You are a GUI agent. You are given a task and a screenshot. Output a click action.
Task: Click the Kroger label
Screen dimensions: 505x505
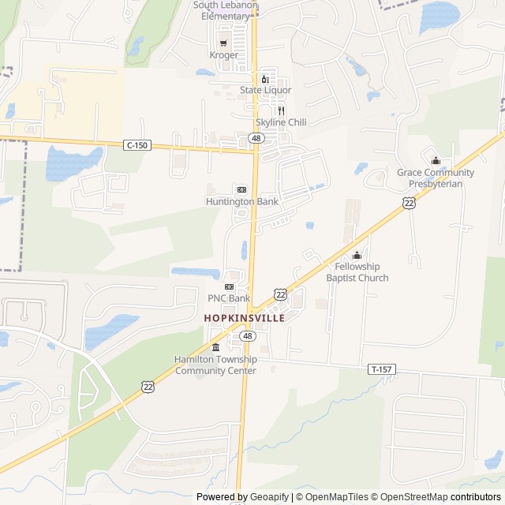point(223,55)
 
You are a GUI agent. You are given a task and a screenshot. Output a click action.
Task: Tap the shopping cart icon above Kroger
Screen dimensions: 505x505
point(223,43)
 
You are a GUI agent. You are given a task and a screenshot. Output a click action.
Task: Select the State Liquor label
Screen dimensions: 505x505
point(266,90)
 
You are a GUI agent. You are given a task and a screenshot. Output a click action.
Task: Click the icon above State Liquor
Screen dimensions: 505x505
point(266,78)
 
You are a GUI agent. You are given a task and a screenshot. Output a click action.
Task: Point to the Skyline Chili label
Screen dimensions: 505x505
point(280,122)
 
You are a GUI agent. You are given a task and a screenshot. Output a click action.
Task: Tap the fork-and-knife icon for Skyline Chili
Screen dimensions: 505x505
point(280,110)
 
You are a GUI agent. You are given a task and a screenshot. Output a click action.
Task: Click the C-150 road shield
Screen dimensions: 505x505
point(137,145)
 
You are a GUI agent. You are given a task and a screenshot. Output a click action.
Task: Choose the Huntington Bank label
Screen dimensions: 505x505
point(241,201)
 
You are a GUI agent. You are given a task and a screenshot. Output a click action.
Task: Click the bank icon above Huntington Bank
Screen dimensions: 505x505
point(241,189)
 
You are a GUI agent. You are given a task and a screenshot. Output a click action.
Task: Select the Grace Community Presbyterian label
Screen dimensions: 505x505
point(436,178)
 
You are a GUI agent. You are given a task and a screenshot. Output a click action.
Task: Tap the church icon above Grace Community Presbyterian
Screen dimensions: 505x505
point(436,161)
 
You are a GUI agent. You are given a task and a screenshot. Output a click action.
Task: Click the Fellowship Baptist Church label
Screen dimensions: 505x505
point(357,272)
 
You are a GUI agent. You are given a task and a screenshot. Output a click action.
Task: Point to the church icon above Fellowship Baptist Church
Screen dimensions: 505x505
point(357,255)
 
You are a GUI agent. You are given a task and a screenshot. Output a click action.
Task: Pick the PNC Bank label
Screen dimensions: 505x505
point(229,298)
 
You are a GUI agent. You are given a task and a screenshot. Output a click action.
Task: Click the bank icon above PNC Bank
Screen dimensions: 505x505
point(229,286)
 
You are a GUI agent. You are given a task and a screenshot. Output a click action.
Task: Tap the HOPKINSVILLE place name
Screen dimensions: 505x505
point(244,318)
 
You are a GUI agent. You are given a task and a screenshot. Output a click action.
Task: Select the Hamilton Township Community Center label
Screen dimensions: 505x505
point(215,365)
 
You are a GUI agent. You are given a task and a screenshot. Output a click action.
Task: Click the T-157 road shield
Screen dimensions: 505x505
point(380,369)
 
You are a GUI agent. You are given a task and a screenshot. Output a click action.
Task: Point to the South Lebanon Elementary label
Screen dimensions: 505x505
point(225,10)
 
